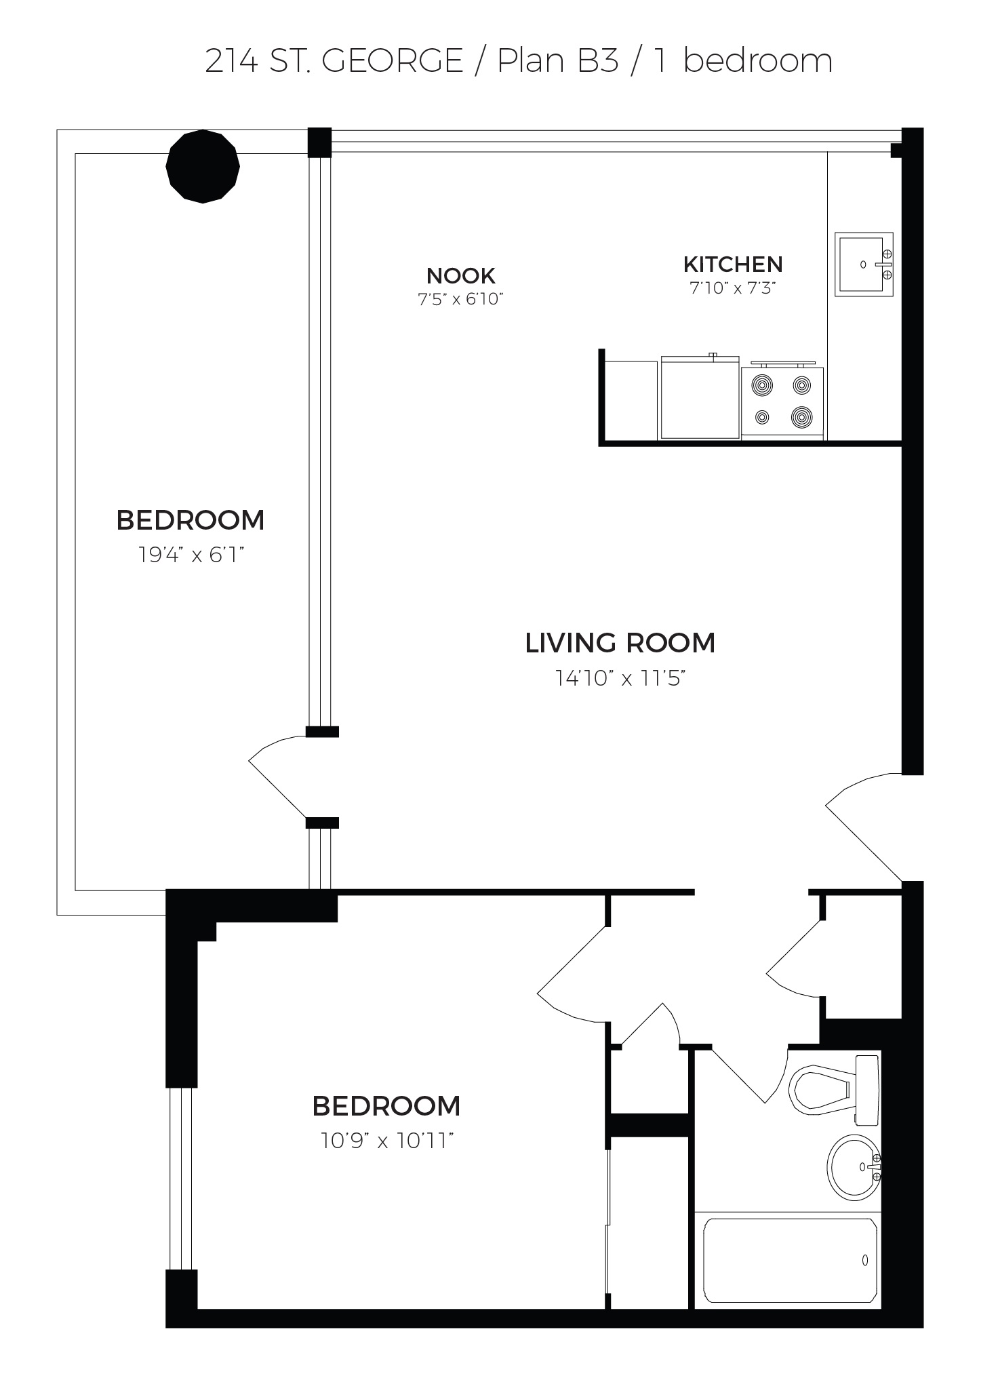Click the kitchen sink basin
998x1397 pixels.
(863, 264)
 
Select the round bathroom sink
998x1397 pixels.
(854, 1166)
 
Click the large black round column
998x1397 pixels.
(203, 166)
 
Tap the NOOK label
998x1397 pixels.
(461, 275)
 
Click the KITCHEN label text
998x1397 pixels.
(733, 264)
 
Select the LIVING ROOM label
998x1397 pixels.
(620, 643)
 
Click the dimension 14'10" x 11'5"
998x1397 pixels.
(620, 677)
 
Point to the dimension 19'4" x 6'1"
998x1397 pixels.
(191, 555)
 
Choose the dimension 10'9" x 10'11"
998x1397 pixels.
(386, 1141)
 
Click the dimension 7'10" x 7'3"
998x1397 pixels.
(732, 288)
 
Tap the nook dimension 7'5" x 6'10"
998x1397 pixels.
(461, 299)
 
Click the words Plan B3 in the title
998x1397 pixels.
(558, 61)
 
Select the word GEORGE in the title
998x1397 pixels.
(393, 61)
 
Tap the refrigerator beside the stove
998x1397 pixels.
(700, 397)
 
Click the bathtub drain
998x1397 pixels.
(865, 1260)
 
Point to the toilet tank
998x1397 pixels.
(868, 1088)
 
